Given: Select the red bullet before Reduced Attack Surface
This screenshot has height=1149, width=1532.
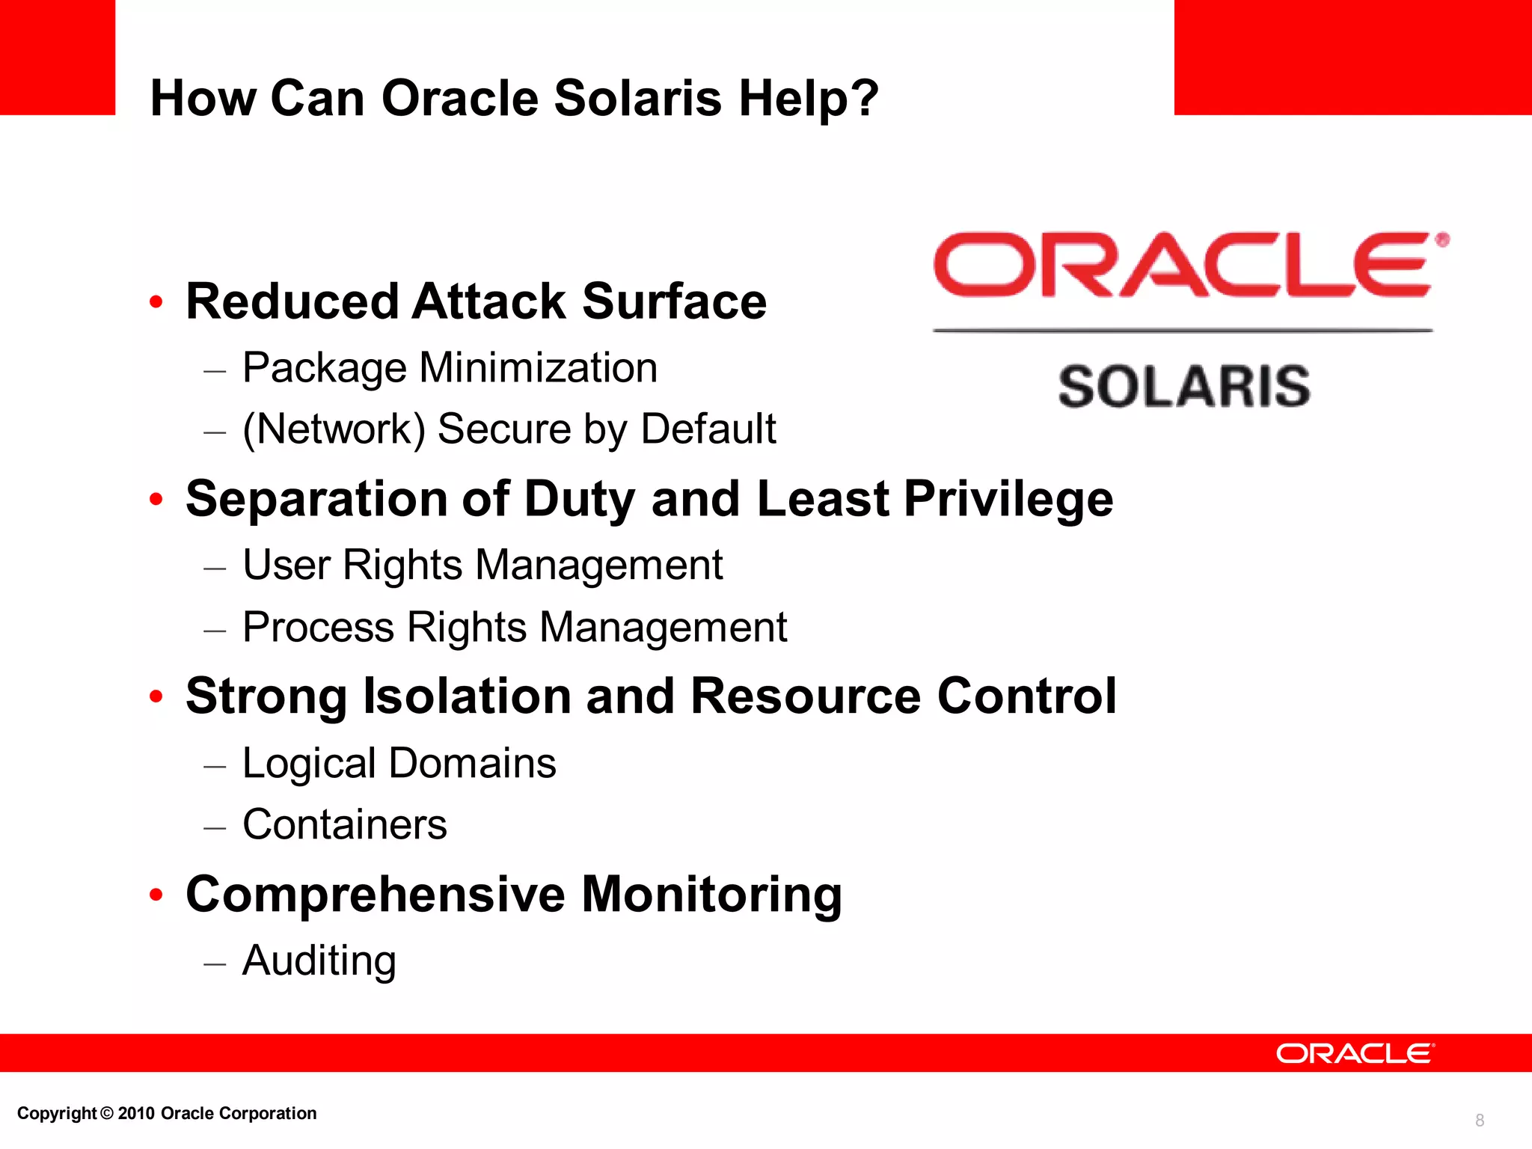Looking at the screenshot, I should pos(156,302).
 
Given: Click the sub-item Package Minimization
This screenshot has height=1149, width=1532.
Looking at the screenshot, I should pos(450,368).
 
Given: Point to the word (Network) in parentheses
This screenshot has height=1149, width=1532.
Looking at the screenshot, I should pos(334,429).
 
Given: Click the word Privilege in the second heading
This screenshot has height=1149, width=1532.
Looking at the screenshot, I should pos(1008,499).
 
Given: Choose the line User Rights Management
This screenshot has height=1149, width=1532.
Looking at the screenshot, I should pos(482,565).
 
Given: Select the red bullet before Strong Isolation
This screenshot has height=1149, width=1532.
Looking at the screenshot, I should pos(156,696).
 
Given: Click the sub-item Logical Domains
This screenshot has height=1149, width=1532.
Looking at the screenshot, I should pos(399,764).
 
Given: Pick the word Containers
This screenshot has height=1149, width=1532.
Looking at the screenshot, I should pos(345,825).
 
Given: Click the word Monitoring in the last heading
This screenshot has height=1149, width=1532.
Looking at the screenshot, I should pos(711,894).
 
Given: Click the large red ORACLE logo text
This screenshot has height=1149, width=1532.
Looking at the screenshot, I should pos(1183,265).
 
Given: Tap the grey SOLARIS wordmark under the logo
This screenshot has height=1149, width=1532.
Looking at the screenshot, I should pos(1183,387).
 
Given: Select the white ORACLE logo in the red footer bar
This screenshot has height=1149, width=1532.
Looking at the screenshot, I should pos(1354,1053).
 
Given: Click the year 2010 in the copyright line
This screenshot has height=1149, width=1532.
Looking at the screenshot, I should pos(136,1113).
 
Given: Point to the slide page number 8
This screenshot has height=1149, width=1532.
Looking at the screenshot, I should pos(1479,1120).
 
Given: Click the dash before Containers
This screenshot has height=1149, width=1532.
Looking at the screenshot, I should pos(215,827).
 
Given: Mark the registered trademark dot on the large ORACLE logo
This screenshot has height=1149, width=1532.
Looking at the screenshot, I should pos(1442,240).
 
